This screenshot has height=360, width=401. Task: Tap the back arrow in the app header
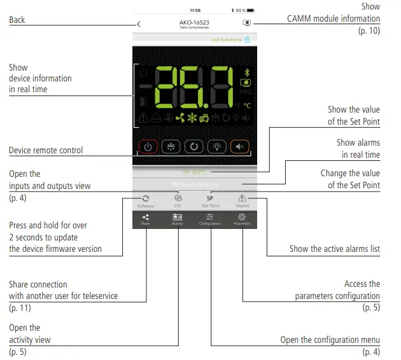(x=139, y=24)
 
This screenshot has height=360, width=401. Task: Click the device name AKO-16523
(x=195, y=23)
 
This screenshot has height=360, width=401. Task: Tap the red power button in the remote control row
(x=148, y=146)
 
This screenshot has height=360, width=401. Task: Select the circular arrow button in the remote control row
(x=194, y=146)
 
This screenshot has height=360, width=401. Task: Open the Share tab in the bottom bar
(x=146, y=219)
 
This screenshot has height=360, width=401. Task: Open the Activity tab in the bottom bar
(x=178, y=219)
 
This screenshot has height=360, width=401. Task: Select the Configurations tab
(x=210, y=219)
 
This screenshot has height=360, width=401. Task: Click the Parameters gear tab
(x=242, y=219)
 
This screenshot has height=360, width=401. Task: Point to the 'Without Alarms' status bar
(x=194, y=184)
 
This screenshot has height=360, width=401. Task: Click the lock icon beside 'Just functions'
(x=247, y=39)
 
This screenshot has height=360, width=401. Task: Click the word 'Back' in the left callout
(x=17, y=20)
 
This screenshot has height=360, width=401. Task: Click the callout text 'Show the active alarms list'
(x=334, y=249)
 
